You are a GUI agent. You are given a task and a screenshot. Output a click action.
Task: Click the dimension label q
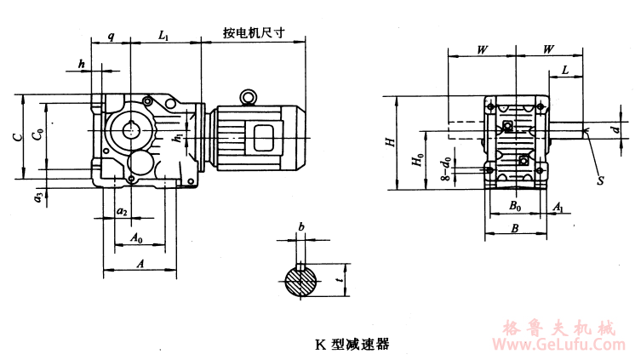(x=112, y=37)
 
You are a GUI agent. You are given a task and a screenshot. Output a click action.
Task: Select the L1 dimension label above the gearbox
(x=165, y=36)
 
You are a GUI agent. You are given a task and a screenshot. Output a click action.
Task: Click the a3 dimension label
(x=37, y=198)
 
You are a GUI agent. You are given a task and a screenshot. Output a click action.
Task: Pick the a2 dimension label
(x=121, y=210)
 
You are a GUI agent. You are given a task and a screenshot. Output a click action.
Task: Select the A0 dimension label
(x=137, y=239)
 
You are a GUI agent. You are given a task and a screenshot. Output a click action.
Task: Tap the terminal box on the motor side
(x=259, y=135)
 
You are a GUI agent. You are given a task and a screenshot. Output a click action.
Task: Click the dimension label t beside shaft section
(x=340, y=278)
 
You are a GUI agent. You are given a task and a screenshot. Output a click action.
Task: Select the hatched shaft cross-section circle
(x=301, y=282)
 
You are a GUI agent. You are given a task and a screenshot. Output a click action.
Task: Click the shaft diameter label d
(x=614, y=129)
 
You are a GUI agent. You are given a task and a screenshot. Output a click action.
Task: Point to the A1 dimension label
(x=558, y=207)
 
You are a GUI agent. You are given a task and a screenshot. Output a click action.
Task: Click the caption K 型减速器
(x=352, y=345)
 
